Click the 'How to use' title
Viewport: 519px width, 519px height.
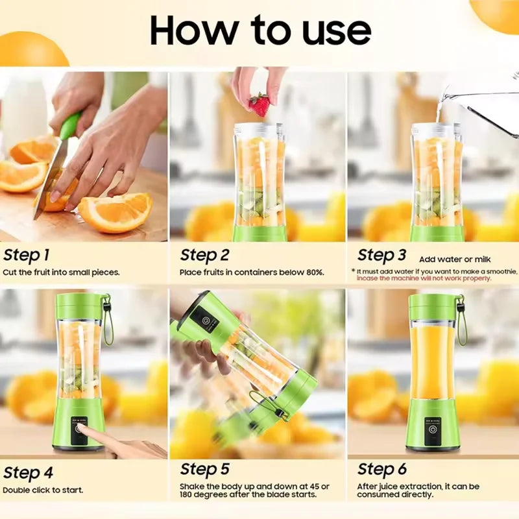[260, 30]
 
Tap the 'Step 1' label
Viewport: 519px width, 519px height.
[27, 255]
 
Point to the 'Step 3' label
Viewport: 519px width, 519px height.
[382, 255]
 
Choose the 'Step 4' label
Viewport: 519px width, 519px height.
[27, 472]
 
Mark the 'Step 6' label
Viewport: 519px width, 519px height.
[382, 469]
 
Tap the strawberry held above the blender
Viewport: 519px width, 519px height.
[259, 104]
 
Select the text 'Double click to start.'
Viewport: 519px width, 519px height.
[43, 490]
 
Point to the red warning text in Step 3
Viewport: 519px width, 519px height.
[424, 278]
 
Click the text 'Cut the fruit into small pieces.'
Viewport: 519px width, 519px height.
[61, 272]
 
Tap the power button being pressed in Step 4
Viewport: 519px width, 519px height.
[79, 428]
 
